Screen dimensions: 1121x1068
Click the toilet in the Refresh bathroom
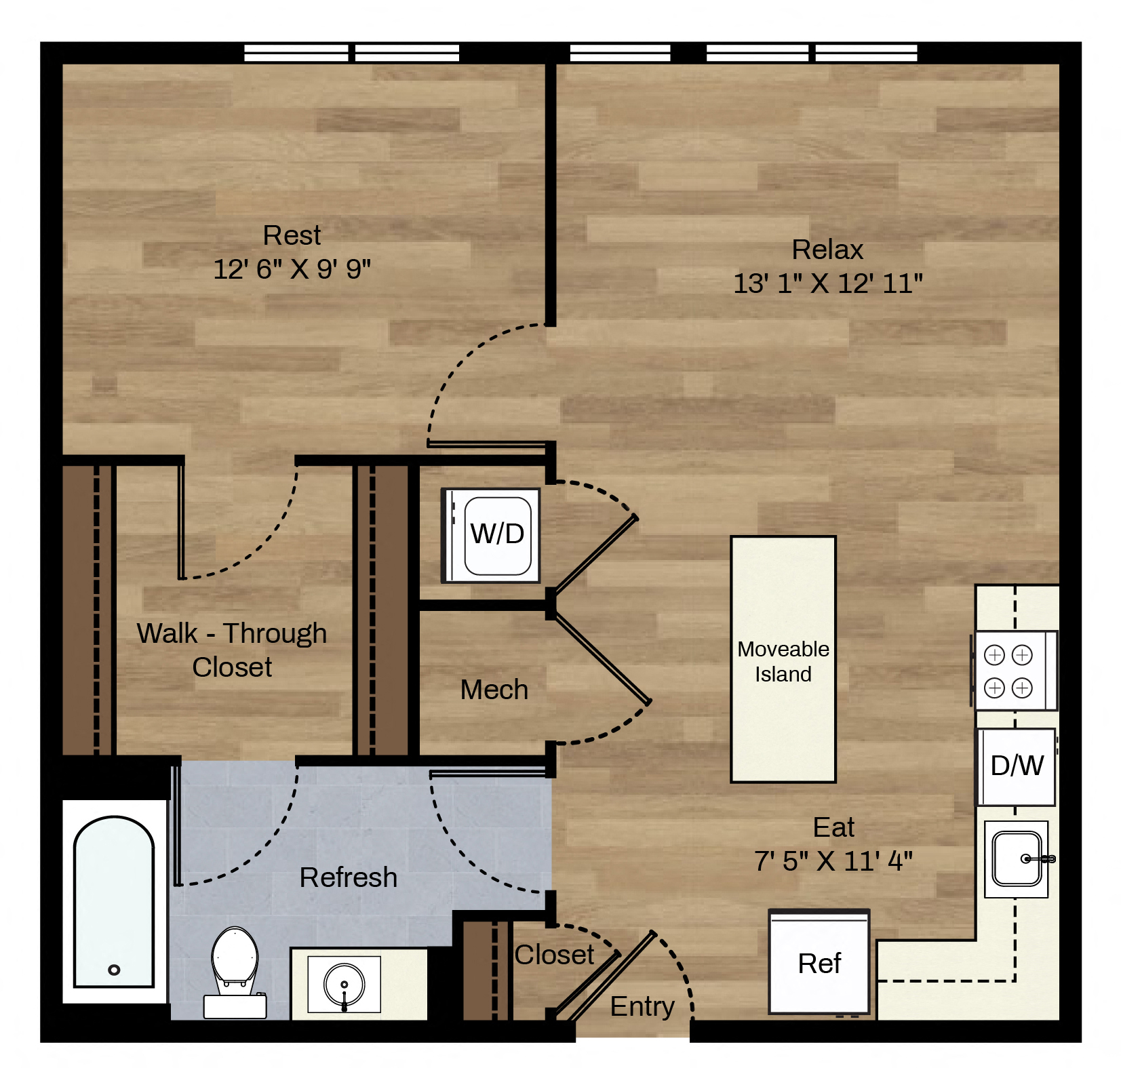[x=235, y=972]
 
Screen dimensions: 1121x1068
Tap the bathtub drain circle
[x=114, y=970]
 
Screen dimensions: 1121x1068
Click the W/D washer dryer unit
[x=490, y=535]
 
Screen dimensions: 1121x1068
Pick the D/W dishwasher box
[x=1016, y=766]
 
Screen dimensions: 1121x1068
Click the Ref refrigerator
[x=819, y=962]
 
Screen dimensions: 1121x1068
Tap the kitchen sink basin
[x=1017, y=858]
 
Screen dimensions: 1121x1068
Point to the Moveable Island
[x=783, y=659]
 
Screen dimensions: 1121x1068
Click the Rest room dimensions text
[x=292, y=269]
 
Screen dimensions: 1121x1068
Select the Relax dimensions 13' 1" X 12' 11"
[x=828, y=283]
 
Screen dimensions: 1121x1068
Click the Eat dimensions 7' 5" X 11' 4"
[x=833, y=861]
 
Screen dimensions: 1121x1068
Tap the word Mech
[x=494, y=690]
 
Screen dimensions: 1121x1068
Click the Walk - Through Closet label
[x=232, y=650]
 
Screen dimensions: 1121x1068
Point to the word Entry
[x=642, y=1007]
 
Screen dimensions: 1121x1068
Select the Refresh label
[x=349, y=877]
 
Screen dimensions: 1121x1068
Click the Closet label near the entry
[x=554, y=955]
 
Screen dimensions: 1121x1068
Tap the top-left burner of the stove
[x=994, y=655]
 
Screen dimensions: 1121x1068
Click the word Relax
[x=828, y=250]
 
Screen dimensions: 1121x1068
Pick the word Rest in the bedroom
[x=292, y=235]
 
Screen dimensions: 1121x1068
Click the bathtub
[x=114, y=902]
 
